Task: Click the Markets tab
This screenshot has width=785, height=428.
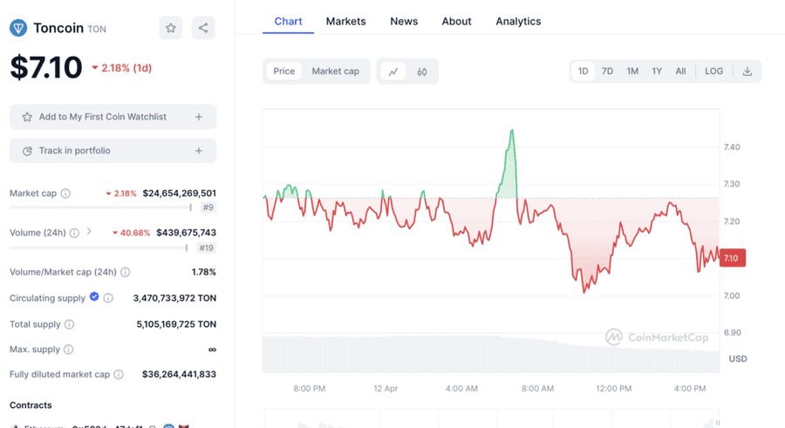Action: [x=345, y=21]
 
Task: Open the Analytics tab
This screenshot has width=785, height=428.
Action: [x=518, y=21]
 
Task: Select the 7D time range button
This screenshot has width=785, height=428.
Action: [x=607, y=71]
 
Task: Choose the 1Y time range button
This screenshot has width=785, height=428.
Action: [x=657, y=71]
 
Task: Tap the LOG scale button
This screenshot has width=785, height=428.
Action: [x=713, y=71]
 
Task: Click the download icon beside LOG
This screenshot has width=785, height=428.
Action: [x=747, y=71]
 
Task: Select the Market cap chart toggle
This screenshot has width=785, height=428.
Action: [x=335, y=71]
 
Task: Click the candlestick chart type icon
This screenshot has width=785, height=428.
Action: [x=422, y=71]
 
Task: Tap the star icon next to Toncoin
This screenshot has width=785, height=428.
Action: [x=171, y=28]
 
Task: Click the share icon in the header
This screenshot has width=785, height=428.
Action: [x=203, y=28]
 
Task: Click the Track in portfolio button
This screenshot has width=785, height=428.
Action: [x=113, y=151]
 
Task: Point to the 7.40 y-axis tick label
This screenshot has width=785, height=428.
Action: [x=732, y=147]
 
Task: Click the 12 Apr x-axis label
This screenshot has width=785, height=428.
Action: [x=386, y=389]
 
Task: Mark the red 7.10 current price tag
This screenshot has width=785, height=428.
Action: [x=731, y=258]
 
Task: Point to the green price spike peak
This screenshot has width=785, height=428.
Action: [x=512, y=131]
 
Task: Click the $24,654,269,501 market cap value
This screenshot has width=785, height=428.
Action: [x=179, y=194]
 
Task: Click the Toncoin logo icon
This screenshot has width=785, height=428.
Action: [x=18, y=28]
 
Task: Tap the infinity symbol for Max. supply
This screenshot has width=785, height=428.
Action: [x=212, y=350]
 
